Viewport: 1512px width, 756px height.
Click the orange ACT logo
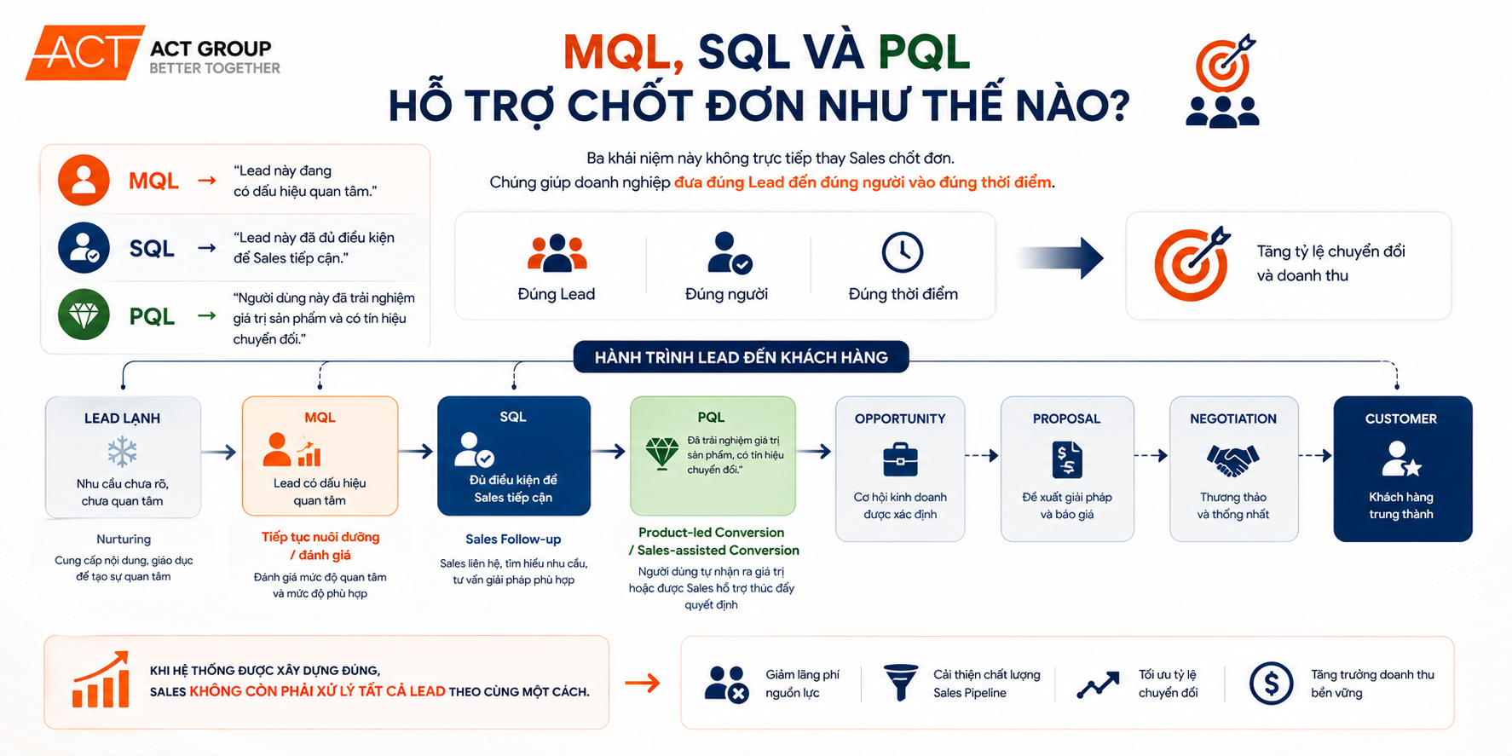click(x=84, y=53)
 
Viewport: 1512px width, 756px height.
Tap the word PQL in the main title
click(x=923, y=53)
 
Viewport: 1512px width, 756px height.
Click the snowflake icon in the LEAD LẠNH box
click(x=122, y=452)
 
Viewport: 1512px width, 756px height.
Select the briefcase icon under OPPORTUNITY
click(x=900, y=459)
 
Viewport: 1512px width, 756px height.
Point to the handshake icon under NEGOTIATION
click(x=1232, y=460)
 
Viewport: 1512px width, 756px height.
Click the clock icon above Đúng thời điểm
click(x=902, y=252)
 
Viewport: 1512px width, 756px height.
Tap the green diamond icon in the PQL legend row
click(x=84, y=315)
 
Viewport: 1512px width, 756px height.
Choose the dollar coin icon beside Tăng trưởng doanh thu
click(x=1271, y=683)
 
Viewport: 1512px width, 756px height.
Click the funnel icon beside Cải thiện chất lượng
click(x=900, y=682)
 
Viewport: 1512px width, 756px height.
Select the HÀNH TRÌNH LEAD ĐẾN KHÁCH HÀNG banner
click(x=741, y=357)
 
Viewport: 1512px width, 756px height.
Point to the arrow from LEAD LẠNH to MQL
click(x=220, y=452)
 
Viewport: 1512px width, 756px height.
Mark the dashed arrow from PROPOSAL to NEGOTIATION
click(x=1151, y=456)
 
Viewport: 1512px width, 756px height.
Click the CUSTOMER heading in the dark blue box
click(x=1400, y=418)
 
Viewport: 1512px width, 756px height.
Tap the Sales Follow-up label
click(x=513, y=539)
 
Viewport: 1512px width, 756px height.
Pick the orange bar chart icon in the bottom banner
click(x=101, y=680)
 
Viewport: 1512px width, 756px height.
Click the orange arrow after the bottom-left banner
click(x=643, y=683)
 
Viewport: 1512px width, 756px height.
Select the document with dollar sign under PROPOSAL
click(x=1066, y=460)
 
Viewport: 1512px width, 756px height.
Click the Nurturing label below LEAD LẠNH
click(x=124, y=539)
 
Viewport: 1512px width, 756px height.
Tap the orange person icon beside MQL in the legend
click(x=84, y=180)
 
